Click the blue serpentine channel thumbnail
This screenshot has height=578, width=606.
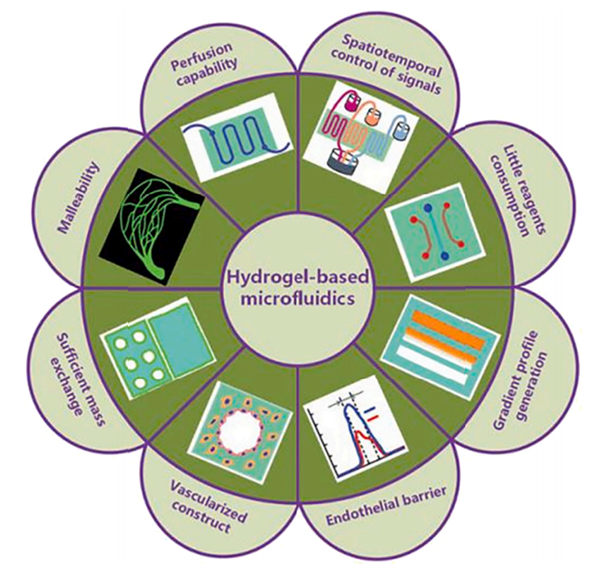(236, 136)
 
